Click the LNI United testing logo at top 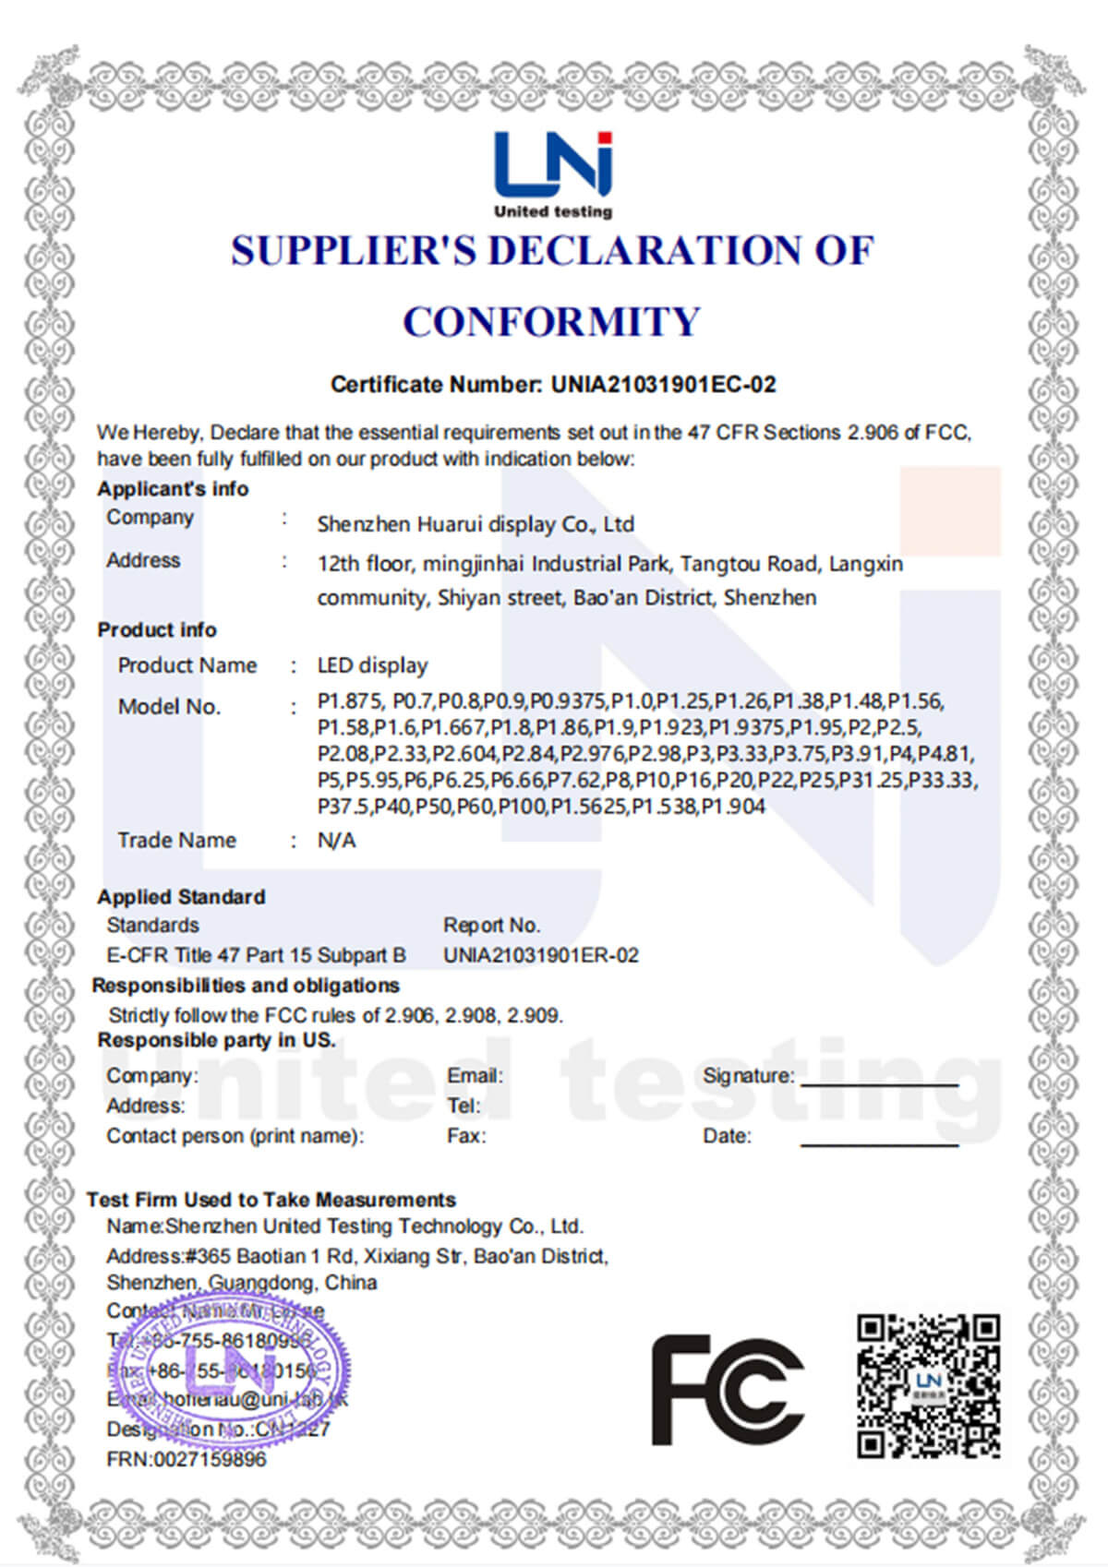pyautogui.click(x=552, y=173)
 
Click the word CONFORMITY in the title pyautogui.click(x=552, y=322)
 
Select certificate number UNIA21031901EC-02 pyautogui.click(x=663, y=385)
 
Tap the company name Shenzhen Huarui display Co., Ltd pyautogui.click(x=476, y=524)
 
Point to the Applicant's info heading pyautogui.click(x=173, y=489)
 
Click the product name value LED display pyautogui.click(x=372, y=665)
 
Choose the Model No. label pyautogui.click(x=169, y=707)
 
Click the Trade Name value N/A pyautogui.click(x=336, y=841)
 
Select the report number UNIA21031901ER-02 pyautogui.click(x=540, y=955)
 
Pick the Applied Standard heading pyautogui.click(x=181, y=897)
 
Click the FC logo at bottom pyautogui.click(x=727, y=1390)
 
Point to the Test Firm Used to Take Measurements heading pyautogui.click(x=271, y=1200)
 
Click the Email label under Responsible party pyautogui.click(x=475, y=1076)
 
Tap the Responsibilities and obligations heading pyautogui.click(x=246, y=986)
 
